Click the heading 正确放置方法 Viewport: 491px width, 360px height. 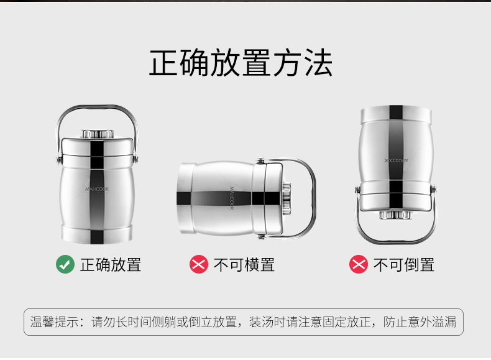pos(241,63)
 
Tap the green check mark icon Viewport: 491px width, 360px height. pos(65,264)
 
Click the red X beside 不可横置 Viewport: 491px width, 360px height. pos(199,264)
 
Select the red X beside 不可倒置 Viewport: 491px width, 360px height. pos(359,264)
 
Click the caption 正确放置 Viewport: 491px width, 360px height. pos(111,265)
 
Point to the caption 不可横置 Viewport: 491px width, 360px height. pos(244,265)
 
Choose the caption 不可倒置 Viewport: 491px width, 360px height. pos(404,265)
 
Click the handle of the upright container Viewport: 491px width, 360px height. pos(97,107)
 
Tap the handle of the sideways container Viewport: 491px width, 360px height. pos(313,197)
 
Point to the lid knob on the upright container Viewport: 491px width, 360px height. pos(97,134)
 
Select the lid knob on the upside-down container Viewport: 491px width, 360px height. pos(396,215)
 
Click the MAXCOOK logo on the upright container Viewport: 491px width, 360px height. pos(97,189)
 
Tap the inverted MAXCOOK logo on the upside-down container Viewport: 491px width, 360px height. pos(396,160)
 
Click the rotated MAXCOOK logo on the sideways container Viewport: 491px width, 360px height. pos(232,198)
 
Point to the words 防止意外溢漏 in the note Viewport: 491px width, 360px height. pos(420,322)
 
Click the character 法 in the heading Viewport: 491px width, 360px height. pos(318,63)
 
